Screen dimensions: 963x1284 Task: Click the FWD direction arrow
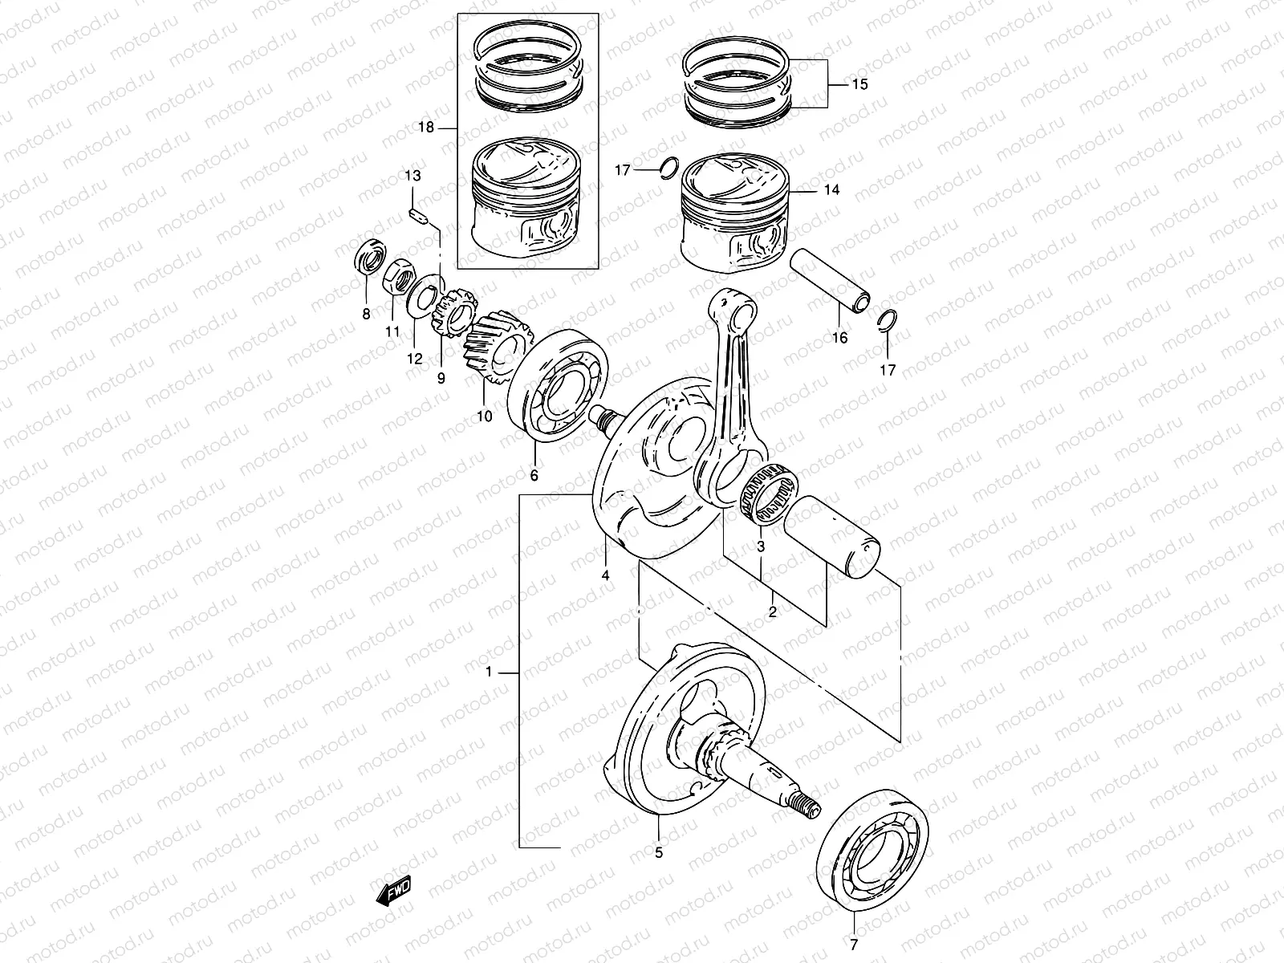coord(392,889)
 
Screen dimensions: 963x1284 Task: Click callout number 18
coord(426,128)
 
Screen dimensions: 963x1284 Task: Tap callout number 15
coord(859,84)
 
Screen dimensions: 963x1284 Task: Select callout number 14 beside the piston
coord(853,190)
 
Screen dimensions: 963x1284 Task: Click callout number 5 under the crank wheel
coord(659,853)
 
